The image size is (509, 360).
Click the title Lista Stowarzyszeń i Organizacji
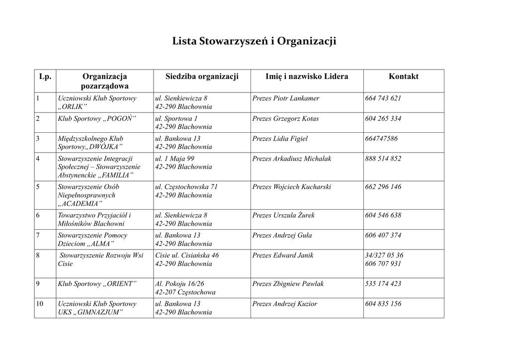[254, 41]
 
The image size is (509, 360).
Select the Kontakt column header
[403, 77]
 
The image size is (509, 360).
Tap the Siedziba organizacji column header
[202, 77]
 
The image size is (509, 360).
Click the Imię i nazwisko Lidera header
[307, 77]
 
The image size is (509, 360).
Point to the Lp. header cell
[45, 77]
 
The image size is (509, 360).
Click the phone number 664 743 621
[383, 98]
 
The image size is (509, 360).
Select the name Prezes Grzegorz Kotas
[285, 119]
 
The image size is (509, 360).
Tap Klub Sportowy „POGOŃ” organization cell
[97, 119]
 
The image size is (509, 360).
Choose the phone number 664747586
[381, 139]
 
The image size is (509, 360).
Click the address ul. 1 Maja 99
[174, 159]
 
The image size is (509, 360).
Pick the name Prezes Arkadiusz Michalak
[291, 159]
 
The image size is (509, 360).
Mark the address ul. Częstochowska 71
[186, 187]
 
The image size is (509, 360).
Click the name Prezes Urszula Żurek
[283, 215]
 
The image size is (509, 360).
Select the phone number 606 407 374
[383, 235]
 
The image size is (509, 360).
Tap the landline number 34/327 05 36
[384, 255]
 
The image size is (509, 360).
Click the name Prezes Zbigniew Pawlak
[288, 284]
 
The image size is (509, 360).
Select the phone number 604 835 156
[383, 304]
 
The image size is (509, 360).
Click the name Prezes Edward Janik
[283, 255]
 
